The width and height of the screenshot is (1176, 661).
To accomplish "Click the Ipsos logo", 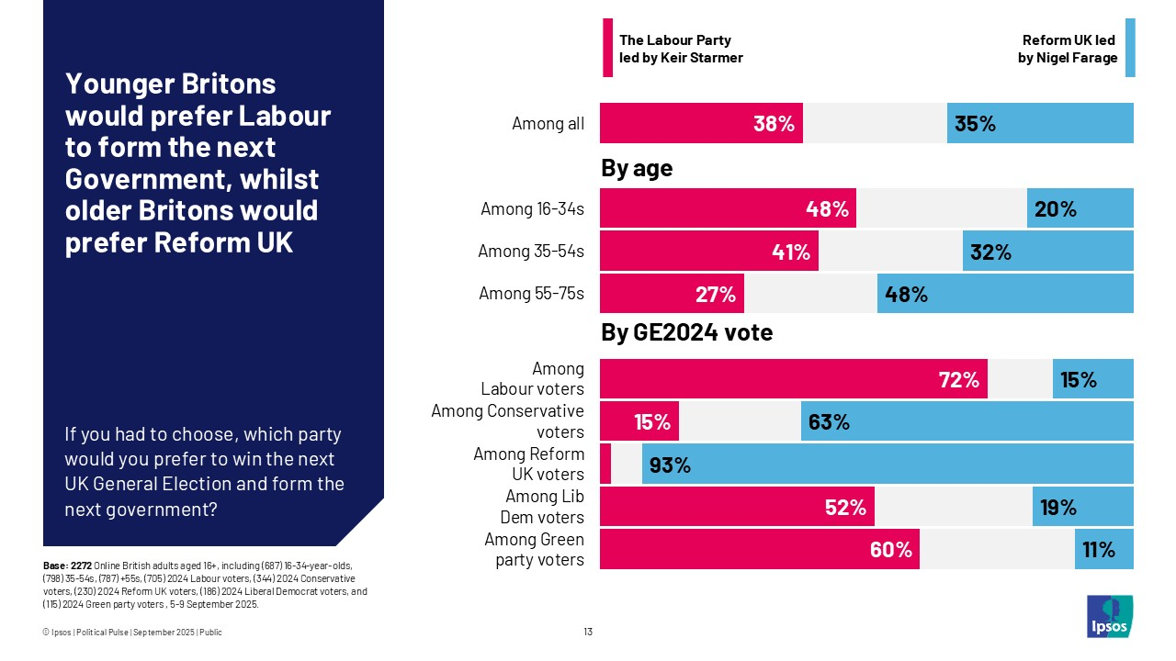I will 1109,616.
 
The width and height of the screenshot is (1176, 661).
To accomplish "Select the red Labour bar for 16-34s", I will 728,208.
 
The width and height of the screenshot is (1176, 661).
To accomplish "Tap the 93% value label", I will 670,465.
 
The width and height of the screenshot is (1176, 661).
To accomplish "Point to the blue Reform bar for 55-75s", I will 1005,294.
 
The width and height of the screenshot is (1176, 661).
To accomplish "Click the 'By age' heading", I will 636,168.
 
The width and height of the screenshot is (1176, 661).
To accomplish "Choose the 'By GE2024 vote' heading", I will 686,332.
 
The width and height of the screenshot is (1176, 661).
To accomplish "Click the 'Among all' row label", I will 548,123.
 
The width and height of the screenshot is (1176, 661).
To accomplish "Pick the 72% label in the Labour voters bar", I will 958,379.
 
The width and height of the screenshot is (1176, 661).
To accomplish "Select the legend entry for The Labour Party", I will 680,49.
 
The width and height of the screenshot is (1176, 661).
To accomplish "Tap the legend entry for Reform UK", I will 1069,49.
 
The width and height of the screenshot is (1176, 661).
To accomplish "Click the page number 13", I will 588,632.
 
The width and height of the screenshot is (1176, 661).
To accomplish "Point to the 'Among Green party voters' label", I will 534,549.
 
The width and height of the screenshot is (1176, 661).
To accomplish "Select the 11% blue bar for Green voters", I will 1103,549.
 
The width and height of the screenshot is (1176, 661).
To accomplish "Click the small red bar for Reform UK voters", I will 605,464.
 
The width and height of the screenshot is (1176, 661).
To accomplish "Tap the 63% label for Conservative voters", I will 829,422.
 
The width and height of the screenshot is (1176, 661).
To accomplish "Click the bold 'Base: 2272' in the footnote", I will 68,565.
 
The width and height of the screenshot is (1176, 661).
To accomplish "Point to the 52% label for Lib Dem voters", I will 845,507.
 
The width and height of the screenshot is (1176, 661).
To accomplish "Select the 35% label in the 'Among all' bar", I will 975,123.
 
